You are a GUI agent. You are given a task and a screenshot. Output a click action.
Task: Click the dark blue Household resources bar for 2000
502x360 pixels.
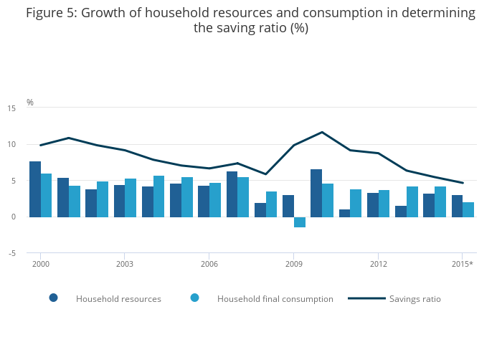click(x=35, y=189)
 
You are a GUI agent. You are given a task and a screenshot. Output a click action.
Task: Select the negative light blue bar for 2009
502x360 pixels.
click(x=300, y=222)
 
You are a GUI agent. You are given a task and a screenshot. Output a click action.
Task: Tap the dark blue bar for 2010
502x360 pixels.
click(x=316, y=193)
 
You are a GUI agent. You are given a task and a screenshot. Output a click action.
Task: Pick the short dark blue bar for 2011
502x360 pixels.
click(x=344, y=213)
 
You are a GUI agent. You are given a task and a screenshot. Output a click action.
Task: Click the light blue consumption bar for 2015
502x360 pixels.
click(x=468, y=209)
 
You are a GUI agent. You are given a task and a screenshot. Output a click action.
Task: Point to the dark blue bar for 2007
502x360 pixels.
click(x=232, y=194)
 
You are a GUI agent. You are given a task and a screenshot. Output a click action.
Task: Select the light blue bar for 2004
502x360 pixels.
click(x=159, y=196)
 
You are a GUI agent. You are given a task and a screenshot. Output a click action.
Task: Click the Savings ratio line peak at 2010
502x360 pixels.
click(x=322, y=132)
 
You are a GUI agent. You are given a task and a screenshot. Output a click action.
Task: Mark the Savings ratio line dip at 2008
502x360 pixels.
click(x=265, y=174)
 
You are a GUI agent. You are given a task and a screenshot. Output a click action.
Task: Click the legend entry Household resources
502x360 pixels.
click(x=118, y=298)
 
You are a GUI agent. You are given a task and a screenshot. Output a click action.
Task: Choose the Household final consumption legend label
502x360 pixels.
click(x=275, y=298)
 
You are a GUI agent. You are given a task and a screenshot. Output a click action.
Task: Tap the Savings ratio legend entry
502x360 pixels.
click(x=415, y=298)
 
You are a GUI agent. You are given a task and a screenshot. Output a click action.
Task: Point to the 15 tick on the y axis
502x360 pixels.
click(x=11, y=108)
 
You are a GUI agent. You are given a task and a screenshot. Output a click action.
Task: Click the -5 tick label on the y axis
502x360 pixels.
click(x=11, y=253)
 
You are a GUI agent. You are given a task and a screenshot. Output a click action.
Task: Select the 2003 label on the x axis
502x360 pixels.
click(x=125, y=264)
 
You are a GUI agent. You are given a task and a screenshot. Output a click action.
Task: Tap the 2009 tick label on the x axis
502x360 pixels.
click(x=293, y=264)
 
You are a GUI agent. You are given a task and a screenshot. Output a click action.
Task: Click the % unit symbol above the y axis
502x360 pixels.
click(x=30, y=102)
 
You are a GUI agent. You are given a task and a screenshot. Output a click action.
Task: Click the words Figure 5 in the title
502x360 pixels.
click(x=49, y=13)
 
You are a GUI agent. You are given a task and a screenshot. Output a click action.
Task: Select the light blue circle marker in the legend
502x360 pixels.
click(x=194, y=298)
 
